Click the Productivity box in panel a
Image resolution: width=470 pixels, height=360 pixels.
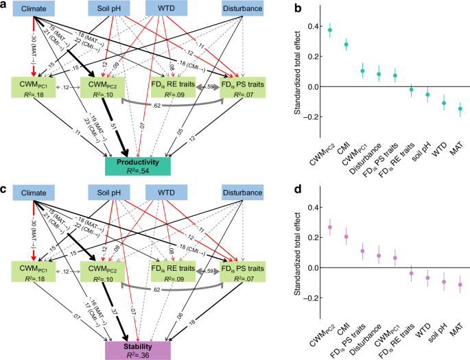[138, 165]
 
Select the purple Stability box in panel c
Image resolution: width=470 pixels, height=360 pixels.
[138, 350]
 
